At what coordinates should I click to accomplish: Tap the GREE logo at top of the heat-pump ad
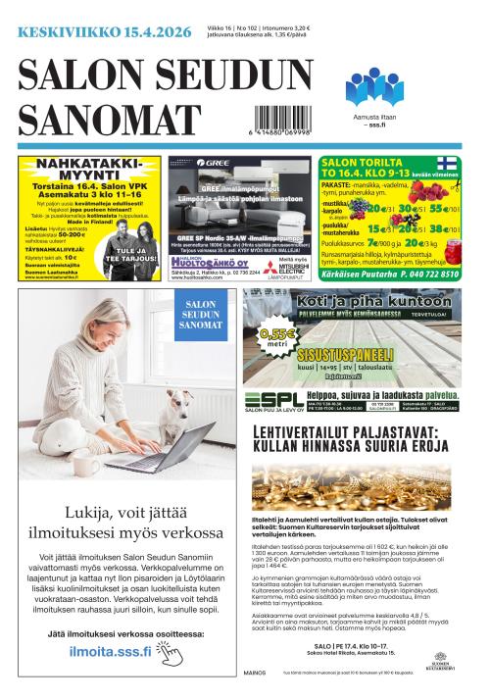(x=215, y=163)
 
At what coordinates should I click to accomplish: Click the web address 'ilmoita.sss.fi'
(x=110, y=650)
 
